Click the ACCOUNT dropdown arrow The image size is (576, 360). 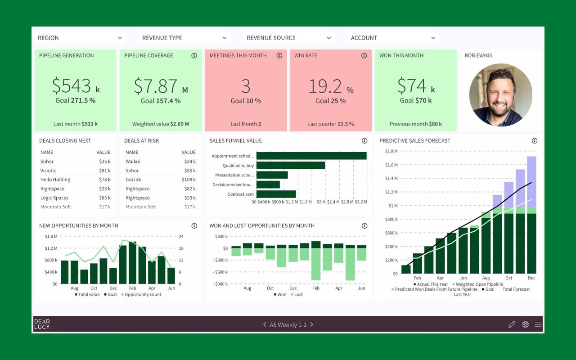[x=433, y=38]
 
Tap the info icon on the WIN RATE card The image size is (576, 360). [x=364, y=56]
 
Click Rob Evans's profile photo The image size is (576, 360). [x=500, y=94]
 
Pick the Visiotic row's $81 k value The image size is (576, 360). [x=104, y=171]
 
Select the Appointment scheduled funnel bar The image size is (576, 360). [x=311, y=156]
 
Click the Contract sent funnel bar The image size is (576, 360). [x=276, y=194]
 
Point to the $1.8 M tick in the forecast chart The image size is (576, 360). [x=391, y=151]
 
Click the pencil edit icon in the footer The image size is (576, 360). [x=512, y=324]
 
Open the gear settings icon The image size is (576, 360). [x=525, y=324]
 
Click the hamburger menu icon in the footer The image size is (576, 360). [x=538, y=324]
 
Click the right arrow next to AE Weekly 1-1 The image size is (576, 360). [x=312, y=324]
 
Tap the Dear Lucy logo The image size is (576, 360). [x=42, y=324]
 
